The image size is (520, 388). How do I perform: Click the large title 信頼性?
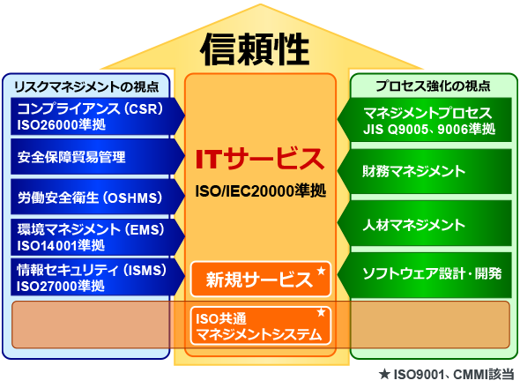coord(255,49)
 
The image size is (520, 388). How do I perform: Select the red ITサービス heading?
coord(260,159)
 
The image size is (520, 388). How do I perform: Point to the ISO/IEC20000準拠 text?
coord(261,190)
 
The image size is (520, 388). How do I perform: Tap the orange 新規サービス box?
coord(261,280)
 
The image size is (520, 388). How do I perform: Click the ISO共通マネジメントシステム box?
coord(261,326)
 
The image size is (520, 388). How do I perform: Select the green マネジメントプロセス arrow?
coord(425,120)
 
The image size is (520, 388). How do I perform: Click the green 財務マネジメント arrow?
coord(425,171)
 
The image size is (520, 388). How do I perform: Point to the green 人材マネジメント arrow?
coord(425,223)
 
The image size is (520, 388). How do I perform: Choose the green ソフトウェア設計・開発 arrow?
coord(425,275)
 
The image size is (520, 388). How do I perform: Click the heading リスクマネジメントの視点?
coord(86,86)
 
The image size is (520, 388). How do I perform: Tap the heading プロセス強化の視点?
coord(433,86)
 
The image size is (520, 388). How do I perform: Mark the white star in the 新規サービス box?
coord(321,271)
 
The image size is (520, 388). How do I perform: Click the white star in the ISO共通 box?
coord(321,312)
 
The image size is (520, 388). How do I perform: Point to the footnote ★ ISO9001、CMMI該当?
coord(446,375)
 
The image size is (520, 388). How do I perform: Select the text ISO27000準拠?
coord(61,286)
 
